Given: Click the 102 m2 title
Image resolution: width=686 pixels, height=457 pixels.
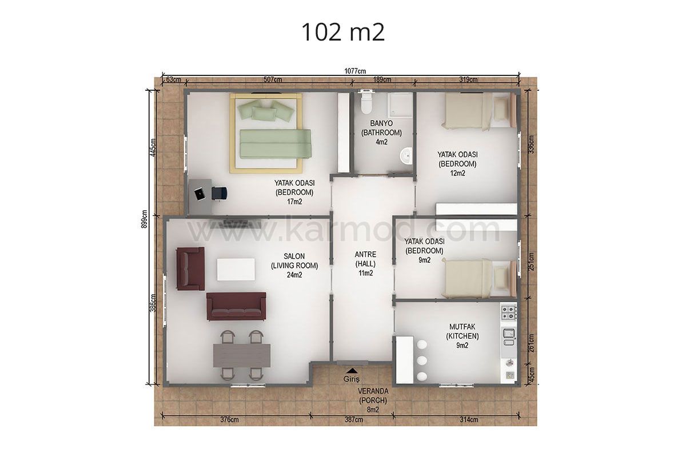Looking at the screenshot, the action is coord(343,33).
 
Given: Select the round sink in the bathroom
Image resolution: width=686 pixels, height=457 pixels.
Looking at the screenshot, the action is coord(406,156).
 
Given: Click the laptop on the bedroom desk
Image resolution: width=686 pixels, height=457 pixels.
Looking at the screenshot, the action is coord(200,195).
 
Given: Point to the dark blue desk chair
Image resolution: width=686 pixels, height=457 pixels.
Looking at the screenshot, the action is coord(220,193).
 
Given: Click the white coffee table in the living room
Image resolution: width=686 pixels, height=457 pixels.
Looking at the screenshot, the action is coord(236,270).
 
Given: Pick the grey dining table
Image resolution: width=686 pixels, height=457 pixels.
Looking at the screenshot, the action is coord(242,355).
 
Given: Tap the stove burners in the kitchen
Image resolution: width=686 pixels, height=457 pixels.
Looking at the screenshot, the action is coord(508,312).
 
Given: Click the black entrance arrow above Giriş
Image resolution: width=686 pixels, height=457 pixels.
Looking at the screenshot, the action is coord(352,371).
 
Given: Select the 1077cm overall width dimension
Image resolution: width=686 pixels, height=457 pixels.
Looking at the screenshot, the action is coord(355,71).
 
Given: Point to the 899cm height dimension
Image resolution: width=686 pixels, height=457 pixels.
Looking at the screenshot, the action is coord(145,219).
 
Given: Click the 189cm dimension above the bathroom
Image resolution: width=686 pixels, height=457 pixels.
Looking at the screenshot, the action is coord(382,79).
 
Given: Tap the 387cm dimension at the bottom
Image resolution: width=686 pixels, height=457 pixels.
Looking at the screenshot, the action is coord(354,420).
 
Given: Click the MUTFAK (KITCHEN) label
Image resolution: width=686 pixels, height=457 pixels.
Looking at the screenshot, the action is coord(462,331).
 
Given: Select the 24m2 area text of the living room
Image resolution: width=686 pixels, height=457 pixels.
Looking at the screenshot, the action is coord(294,275).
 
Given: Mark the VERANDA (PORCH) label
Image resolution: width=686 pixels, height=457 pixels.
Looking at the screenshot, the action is coord(373,396).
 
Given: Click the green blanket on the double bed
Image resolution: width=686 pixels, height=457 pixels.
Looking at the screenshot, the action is coord(275,144).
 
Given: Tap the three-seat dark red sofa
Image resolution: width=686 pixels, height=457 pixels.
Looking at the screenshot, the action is coord(236,306).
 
